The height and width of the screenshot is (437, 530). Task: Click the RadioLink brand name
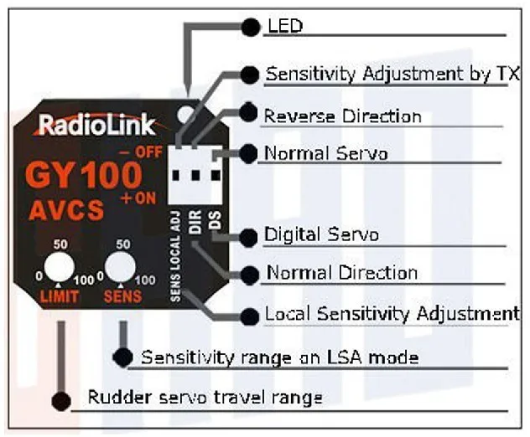click(x=96, y=126)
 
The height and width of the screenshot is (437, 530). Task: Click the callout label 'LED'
click(x=284, y=27)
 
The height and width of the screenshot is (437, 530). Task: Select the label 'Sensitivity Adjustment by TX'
click(x=392, y=74)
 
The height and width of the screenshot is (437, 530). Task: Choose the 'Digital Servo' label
click(x=321, y=234)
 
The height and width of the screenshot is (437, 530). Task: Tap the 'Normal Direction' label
click(x=341, y=273)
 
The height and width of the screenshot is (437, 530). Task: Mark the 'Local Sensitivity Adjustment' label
click(x=391, y=315)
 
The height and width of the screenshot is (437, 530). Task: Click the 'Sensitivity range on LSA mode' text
click(x=279, y=357)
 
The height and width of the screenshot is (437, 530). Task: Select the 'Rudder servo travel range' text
click(x=205, y=397)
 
